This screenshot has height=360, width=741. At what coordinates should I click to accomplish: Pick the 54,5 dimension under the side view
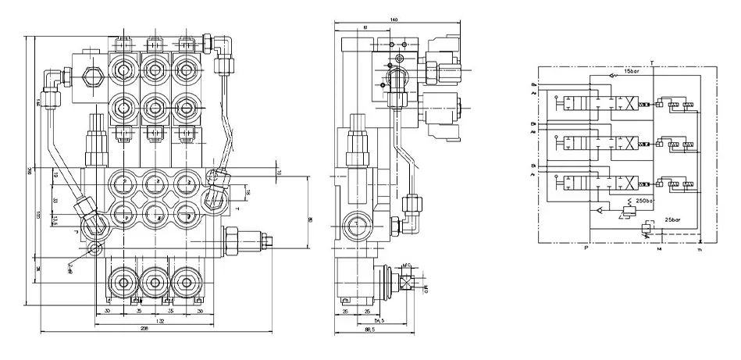click(379, 319)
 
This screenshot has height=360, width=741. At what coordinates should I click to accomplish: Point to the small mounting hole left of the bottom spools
click(95, 249)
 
